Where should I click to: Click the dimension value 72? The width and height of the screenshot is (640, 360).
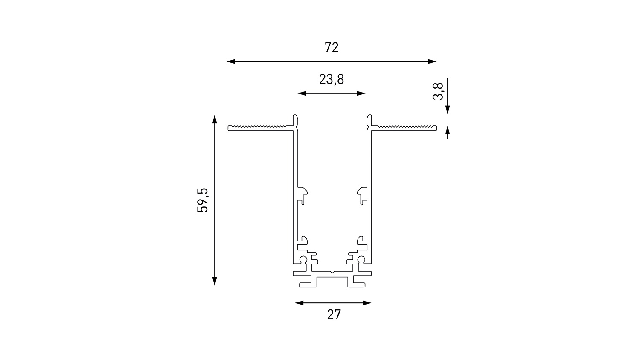coord(332,47)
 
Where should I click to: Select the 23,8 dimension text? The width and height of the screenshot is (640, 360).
coord(332,79)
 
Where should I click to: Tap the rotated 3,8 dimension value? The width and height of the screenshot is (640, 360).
coord(438,91)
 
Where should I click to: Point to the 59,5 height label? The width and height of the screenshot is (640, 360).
coord(203,200)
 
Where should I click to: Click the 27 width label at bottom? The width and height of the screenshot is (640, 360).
coord(334,314)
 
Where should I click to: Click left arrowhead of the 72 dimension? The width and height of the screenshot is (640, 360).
coord(231,61)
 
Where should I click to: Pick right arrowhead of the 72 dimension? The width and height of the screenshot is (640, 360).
coord(432,61)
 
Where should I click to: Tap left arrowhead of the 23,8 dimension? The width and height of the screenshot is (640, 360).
coord(302,93)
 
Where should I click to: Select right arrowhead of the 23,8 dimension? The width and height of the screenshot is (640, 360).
coord(361,93)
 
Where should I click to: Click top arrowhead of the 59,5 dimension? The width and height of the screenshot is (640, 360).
coord(215,119)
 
